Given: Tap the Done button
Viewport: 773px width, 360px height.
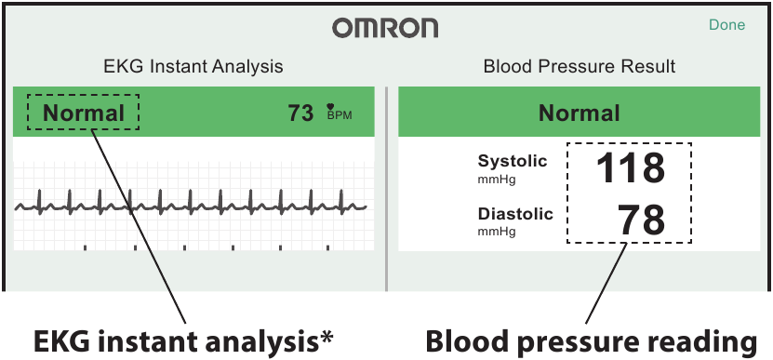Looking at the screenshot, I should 726,25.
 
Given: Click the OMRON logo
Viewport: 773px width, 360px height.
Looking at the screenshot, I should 385,28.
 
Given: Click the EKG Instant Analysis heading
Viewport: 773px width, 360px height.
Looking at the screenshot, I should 193,67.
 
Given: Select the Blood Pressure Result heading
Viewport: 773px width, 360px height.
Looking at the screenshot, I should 580,67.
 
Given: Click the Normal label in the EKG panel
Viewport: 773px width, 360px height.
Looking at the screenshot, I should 84,113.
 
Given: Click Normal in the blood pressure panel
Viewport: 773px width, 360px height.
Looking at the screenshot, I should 580,113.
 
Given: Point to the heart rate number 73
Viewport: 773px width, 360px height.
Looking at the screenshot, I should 300,113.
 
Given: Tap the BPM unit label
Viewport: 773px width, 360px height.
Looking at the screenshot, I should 340,116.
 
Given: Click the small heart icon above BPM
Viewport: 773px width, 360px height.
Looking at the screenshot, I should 329,105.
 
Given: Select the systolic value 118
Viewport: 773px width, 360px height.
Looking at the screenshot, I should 630,168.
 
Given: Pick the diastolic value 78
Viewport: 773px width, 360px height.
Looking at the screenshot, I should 642,220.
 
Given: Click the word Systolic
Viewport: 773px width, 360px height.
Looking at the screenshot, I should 513,162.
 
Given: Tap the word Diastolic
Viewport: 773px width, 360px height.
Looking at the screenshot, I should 515,215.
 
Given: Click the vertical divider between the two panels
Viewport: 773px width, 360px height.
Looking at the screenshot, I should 386,186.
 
